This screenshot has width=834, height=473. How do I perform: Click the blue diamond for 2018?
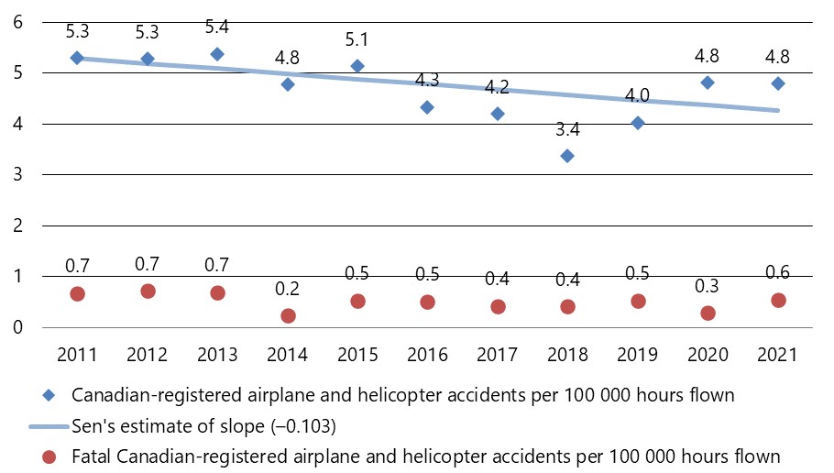click(x=567, y=156)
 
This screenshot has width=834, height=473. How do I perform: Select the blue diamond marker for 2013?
click(x=217, y=54)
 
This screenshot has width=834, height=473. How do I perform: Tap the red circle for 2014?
click(x=288, y=315)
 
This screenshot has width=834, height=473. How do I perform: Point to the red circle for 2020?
click(x=708, y=313)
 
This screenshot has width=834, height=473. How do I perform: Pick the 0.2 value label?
click(x=288, y=290)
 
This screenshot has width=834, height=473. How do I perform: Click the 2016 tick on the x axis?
click(x=427, y=355)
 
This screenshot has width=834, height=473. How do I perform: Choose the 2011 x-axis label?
click(x=77, y=355)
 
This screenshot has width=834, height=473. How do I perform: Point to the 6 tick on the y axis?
click(x=18, y=21)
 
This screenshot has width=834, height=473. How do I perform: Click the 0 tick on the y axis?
click(x=18, y=327)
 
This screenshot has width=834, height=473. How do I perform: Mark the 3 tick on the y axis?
click(x=18, y=174)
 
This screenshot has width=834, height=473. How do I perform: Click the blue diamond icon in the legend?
click(x=52, y=396)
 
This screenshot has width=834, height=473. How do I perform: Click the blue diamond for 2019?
click(x=638, y=123)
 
